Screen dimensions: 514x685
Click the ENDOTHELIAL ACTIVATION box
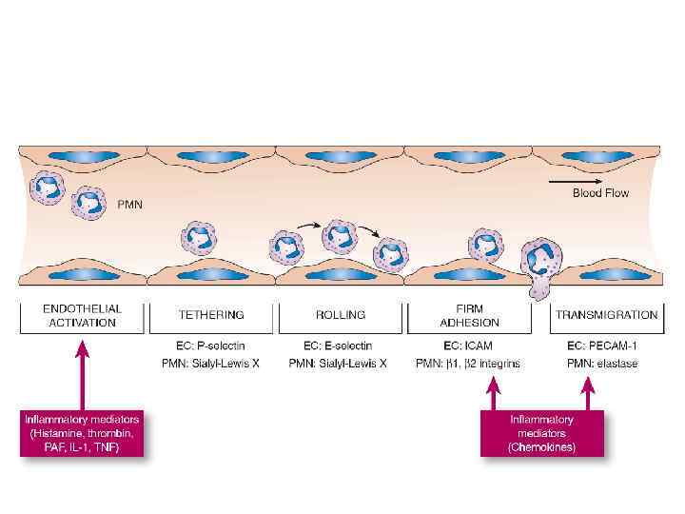[x=83, y=315]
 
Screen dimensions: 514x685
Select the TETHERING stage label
[x=211, y=315]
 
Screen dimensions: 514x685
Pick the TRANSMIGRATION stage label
[x=606, y=315]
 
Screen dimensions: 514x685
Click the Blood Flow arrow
[x=574, y=180]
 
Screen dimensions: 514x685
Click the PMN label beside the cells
[x=129, y=204]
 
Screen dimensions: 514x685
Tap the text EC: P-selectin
[x=211, y=346]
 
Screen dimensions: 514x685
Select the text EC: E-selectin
[x=338, y=346]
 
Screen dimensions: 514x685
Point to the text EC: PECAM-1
[x=599, y=346]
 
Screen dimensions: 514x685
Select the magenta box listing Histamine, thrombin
[x=83, y=433]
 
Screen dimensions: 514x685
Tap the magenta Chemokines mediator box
[x=541, y=433]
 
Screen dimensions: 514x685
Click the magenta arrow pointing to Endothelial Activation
[x=83, y=371]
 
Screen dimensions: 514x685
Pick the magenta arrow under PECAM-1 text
[x=588, y=392]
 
